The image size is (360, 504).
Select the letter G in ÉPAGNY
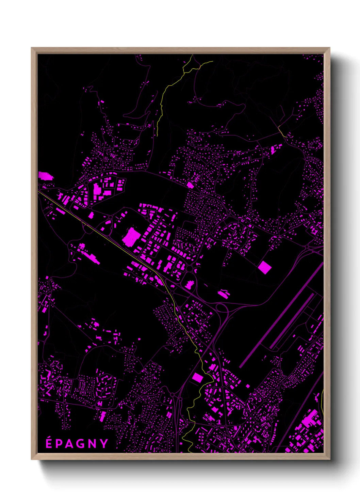pyautogui.click(x=82, y=443)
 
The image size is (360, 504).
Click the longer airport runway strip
pyautogui.click(x=281, y=315)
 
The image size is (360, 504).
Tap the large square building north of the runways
pyautogui.click(x=264, y=267)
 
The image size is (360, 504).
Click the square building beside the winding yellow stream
pyautogui.click(x=197, y=377)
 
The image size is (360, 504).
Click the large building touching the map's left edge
pyautogui.click(x=46, y=176)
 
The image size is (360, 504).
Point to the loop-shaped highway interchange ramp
pyautogui.click(x=222, y=308)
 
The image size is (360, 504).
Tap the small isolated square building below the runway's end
pyautogui.click(x=248, y=386)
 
